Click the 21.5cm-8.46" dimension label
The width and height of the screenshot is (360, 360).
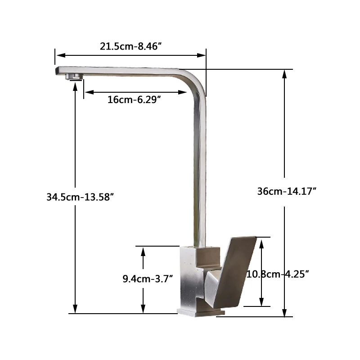[130, 46]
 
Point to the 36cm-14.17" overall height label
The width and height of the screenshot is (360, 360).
[287, 191]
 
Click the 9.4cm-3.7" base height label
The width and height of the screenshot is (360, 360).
[148, 279]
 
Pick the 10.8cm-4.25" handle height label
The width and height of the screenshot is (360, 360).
[277, 274]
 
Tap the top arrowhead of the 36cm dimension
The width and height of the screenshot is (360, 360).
[284, 73]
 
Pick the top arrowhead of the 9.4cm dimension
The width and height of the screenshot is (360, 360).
[143, 251]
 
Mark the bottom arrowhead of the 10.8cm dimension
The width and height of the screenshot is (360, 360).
[261, 302]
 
